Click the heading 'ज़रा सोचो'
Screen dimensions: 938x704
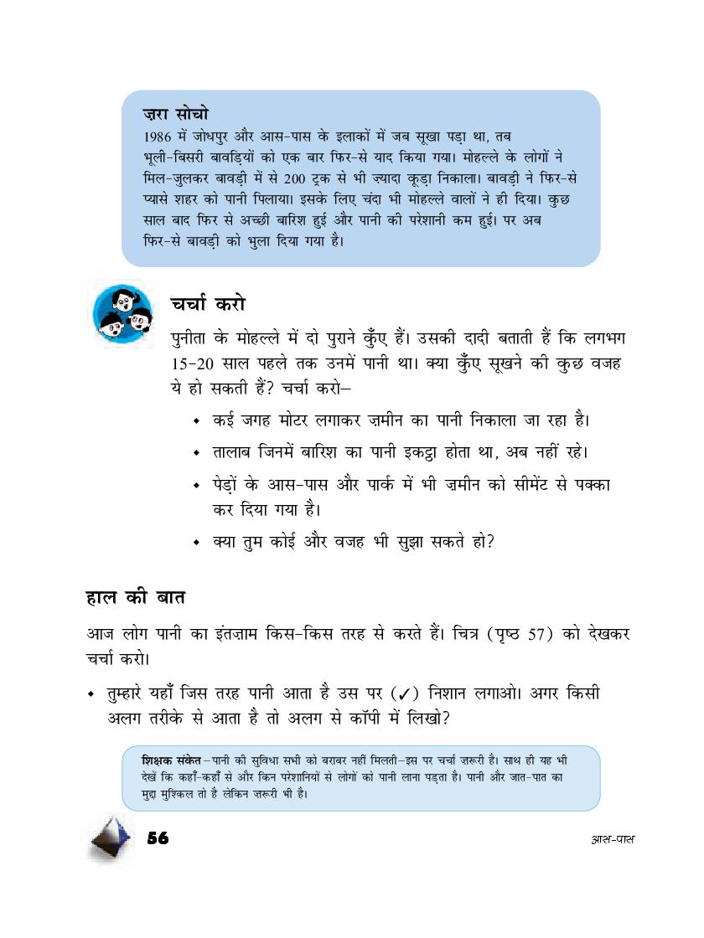point(176,113)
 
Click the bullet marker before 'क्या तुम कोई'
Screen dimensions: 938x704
point(195,543)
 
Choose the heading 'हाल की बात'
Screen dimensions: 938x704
point(136,600)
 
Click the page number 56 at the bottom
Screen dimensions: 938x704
point(158,838)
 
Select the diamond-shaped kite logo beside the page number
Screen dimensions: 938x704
point(112,837)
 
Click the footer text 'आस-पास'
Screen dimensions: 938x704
point(611,839)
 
